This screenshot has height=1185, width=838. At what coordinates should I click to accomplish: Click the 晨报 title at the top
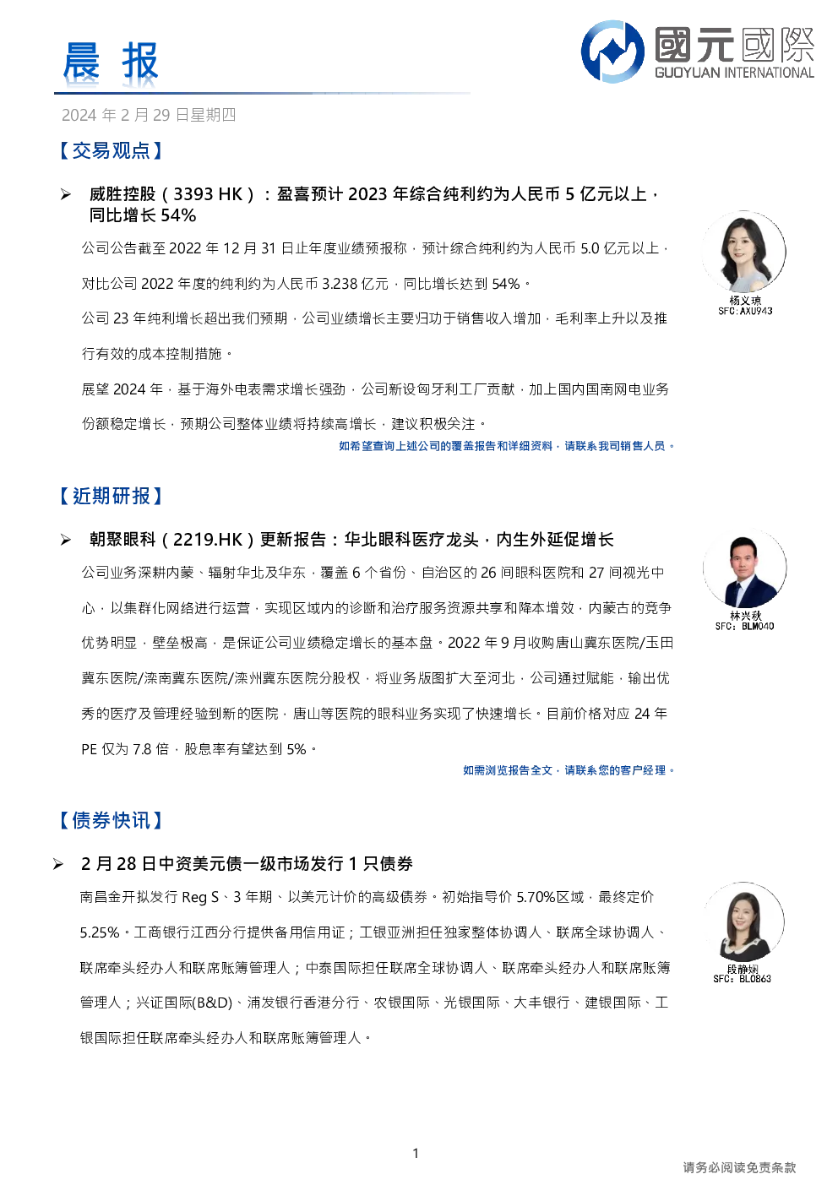(111, 62)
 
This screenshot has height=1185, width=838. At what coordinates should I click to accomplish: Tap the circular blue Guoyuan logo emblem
(612, 52)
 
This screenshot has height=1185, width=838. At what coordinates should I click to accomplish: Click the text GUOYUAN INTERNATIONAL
(734, 73)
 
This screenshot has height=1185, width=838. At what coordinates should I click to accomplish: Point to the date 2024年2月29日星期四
(149, 115)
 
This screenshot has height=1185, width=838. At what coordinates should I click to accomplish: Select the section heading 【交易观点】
(111, 151)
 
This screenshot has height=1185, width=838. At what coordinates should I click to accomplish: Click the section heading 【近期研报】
(111, 496)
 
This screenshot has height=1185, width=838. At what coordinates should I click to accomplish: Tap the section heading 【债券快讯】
(111, 820)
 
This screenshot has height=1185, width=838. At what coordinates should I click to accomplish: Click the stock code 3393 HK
(208, 194)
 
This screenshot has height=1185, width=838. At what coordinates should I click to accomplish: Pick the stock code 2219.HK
(208, 539)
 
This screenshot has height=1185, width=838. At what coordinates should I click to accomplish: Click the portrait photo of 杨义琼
(744, 252)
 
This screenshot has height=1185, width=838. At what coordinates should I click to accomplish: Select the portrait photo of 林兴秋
(744, 568)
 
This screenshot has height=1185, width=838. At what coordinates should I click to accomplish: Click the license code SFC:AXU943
(745, 311)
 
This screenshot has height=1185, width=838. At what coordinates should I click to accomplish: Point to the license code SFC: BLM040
(744, 626)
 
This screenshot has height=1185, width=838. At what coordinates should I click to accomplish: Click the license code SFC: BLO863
(742, 979)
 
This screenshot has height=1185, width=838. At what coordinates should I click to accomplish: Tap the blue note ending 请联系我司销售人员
(506, 446)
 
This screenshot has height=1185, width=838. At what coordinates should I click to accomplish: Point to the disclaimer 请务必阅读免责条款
(739, 1167)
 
